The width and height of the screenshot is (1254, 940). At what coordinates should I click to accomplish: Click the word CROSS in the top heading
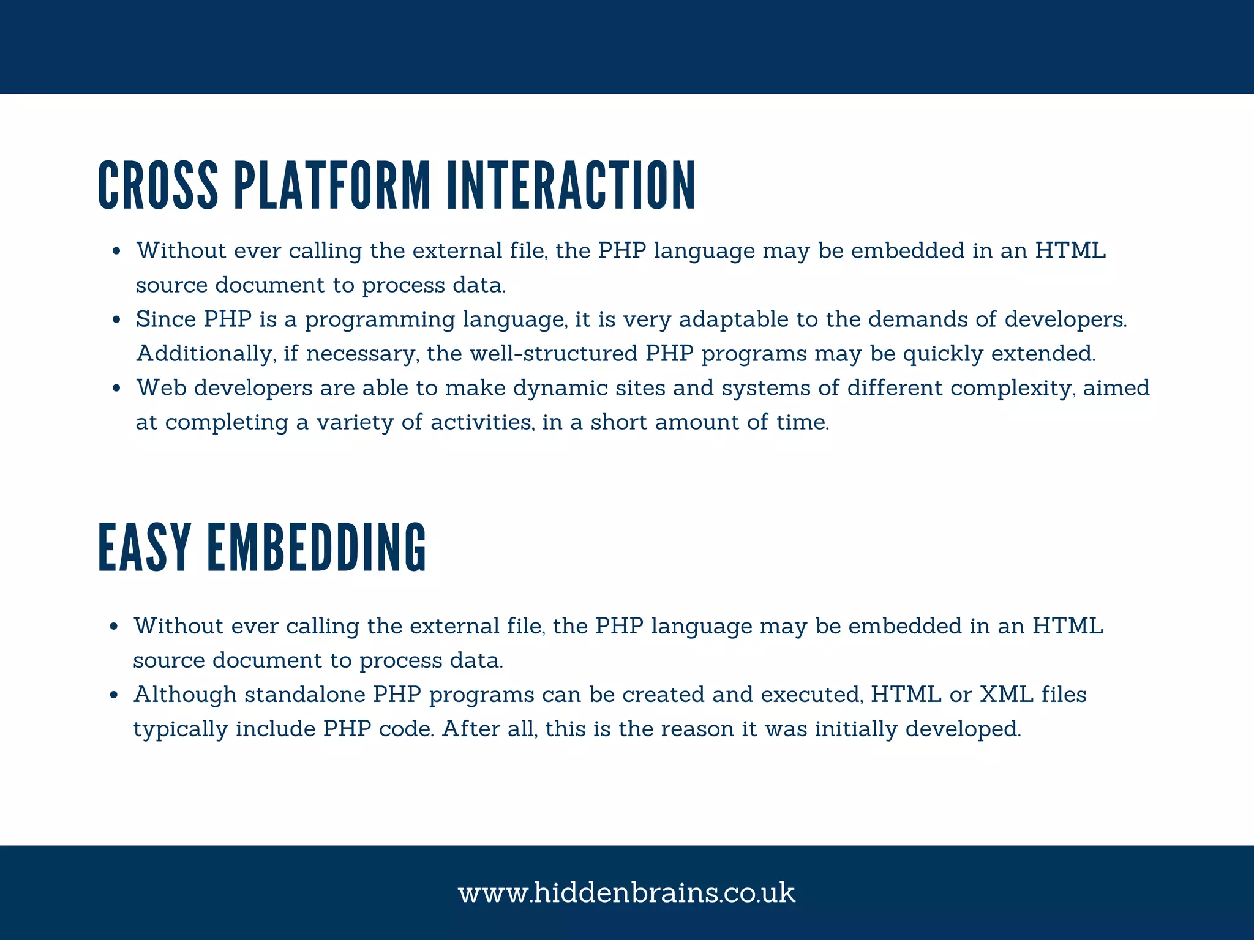158,185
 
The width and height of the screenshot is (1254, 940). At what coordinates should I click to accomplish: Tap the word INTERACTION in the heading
571,185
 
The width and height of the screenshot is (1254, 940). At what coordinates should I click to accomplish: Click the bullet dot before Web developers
116,389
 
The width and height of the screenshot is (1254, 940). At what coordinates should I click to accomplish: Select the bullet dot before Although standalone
114,695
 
